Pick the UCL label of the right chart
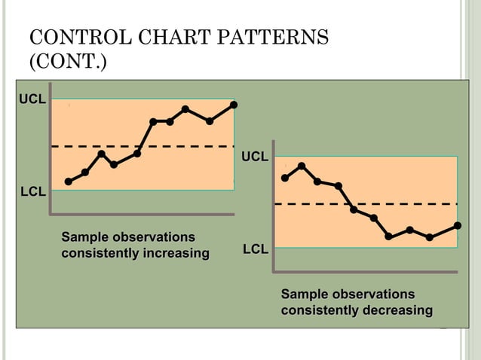[x=255, y=157]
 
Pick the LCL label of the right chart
[x=255, y=249]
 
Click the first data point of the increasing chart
[x=69, y=182]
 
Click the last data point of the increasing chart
[x=234, y=105]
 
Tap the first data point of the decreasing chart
[x=285, y=178]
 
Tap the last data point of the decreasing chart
[x=458, y=225]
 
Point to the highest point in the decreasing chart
[x=302, y=166]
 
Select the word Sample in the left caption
[x=85, y=237]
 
